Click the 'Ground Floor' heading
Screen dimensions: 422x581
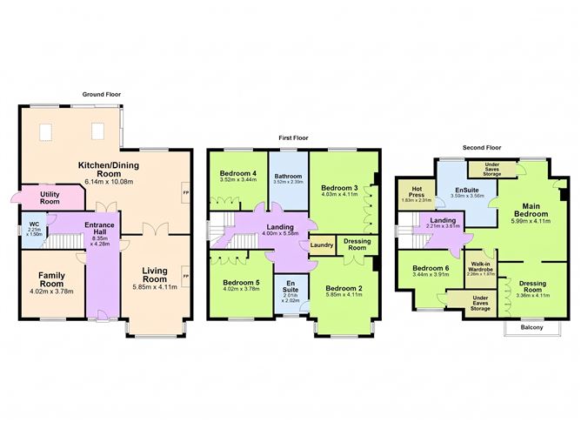(102, 93)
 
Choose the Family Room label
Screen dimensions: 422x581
(51, 279)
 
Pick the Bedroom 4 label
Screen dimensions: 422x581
(237, 173)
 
